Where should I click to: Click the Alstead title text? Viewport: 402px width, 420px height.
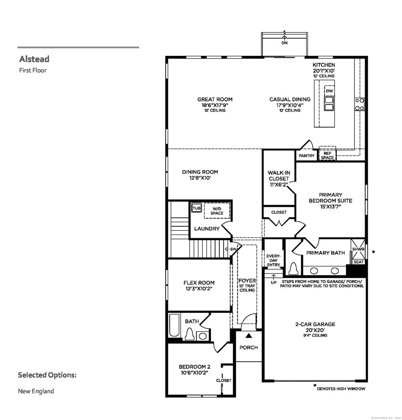coord(34,59)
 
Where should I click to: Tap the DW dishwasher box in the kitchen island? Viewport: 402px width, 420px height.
coord(329,91)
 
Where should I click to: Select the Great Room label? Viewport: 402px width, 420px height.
coord(215,99)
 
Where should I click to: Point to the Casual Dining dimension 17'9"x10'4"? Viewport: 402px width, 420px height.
coord(290,105)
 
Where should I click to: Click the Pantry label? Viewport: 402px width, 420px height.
coord(307,156)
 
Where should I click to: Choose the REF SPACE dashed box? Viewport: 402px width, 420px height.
coord(327,154)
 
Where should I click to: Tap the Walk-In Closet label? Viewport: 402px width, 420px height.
coord(279,176)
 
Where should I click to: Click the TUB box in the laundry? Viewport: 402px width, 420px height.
coord(196,208)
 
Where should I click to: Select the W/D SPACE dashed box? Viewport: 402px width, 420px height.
coord(217,211)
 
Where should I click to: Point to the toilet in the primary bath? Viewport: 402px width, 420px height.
coord(294,268)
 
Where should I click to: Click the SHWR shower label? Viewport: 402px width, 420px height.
coord(358,249)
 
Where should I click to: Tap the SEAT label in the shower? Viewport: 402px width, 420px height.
coord(359,262)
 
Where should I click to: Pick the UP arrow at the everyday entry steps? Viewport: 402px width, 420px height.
coord(274,277)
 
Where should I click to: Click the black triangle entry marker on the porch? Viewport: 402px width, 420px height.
coord(249,336)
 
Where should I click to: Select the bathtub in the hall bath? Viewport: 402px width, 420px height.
coord(174,325)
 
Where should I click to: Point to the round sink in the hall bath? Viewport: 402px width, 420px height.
coord(203,336)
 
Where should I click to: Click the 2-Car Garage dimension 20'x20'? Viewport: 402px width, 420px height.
coord(315,330)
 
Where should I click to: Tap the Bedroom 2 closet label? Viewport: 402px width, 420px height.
coord(224,380)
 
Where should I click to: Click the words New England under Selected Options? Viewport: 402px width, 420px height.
coord(36,391)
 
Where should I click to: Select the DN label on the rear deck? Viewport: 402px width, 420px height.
coord(285,43)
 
